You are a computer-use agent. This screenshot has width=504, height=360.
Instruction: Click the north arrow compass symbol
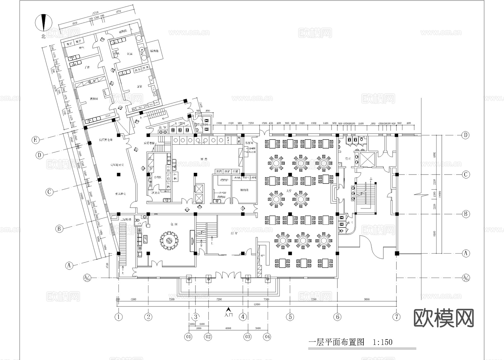43,22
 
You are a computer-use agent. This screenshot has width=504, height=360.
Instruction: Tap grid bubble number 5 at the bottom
290,317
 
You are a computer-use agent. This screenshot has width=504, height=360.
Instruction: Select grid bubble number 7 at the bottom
396,317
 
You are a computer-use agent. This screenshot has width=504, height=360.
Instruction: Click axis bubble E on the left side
35,140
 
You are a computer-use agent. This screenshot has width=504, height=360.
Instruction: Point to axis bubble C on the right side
466,175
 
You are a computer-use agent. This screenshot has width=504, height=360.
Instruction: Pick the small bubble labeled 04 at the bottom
267,336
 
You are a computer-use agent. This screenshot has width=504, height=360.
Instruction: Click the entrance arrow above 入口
229,309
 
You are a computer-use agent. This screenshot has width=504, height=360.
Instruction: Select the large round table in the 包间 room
169,240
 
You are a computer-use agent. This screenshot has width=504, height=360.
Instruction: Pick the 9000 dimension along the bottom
367,299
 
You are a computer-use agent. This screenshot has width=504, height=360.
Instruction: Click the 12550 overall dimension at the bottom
257,304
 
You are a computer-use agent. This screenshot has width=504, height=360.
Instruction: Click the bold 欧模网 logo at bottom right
444,318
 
